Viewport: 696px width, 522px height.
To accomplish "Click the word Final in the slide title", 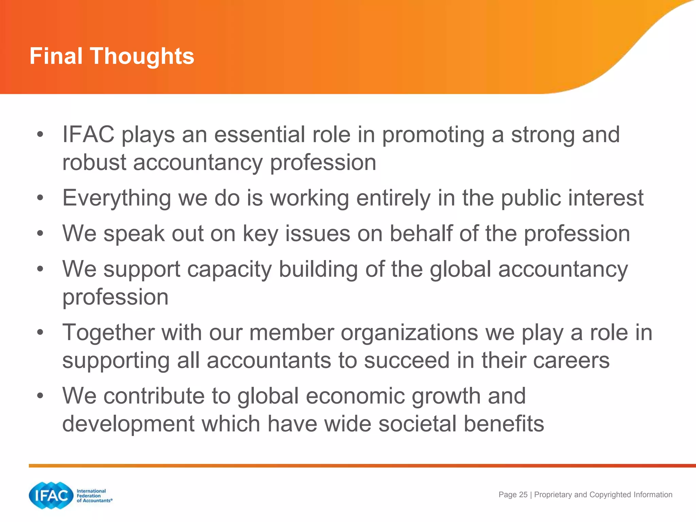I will pos(56,56).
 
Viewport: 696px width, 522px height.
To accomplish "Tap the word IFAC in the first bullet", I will pos(88,135).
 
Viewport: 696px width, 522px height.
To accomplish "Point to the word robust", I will pos(94,162).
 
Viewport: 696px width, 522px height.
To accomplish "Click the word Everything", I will pos(117,198).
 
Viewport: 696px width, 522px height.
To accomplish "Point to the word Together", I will pos(108,333).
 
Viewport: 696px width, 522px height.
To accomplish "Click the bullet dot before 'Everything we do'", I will pos(40,198).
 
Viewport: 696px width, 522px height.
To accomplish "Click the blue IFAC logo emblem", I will pos(51,495).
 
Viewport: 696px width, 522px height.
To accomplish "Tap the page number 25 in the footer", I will pos(523,495).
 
